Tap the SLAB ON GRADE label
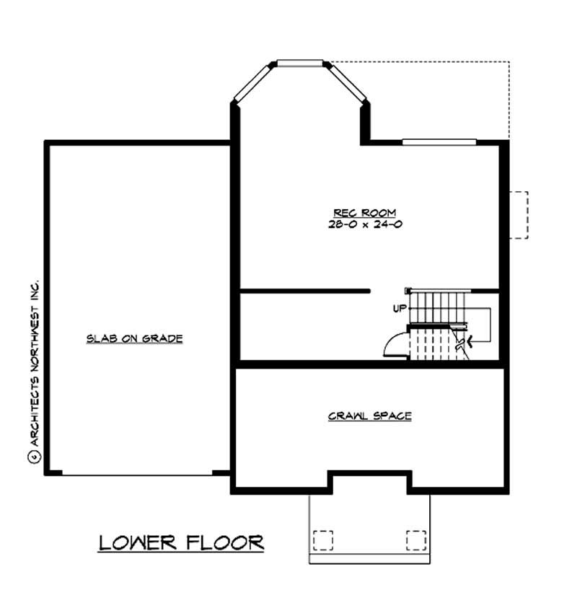pos(134,338)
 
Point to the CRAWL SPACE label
pos(369,416)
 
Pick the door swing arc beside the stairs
pos(392,344)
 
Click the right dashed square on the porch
pos(416,540)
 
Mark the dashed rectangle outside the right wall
pos(519,214)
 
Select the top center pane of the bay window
pos(301,63)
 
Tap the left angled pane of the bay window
pos(250,84)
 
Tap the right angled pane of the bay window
pos(350,84)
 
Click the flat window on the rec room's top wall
pos(439,141)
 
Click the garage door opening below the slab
pos(137,474)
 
